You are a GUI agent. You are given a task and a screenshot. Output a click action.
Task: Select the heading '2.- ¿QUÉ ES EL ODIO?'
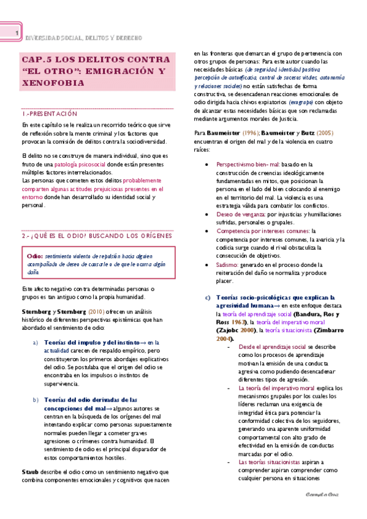coord(49,234)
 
